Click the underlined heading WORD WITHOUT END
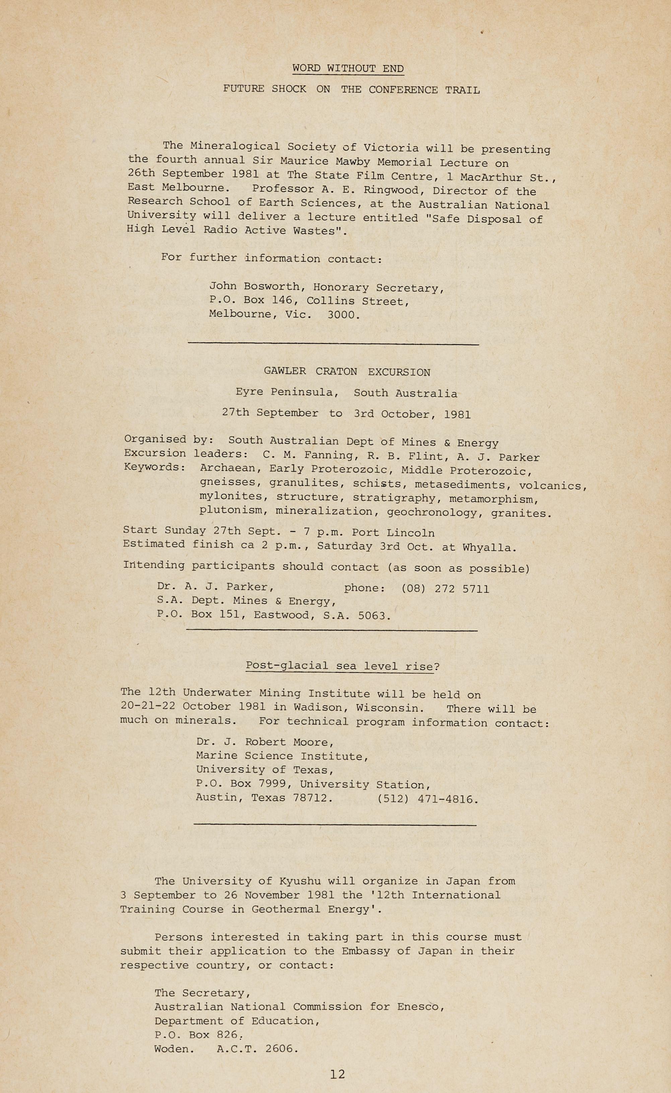click(348, 69)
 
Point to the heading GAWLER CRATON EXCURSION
click(347, 372)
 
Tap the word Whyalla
click(489, 548)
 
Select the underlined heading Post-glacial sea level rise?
click(342, 666)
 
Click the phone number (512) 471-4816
click(427, 799)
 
